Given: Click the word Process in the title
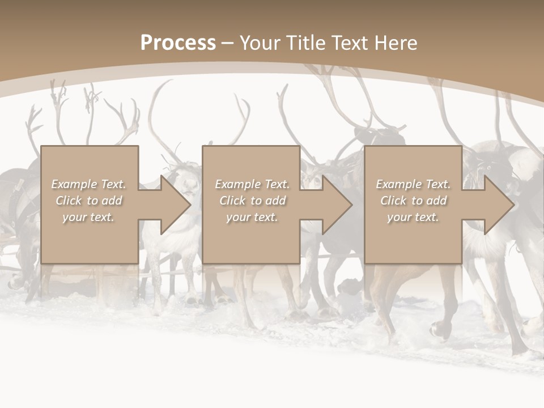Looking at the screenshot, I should (x=178, y=42).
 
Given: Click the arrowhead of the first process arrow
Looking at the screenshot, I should (x=176, y=205).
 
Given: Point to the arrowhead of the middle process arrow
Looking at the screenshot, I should (x=338, y=205).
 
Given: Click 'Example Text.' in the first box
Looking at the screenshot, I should (x=88, y=184).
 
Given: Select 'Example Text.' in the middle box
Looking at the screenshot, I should (x=252, y=184).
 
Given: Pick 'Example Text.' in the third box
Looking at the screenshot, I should (x=413, y=184).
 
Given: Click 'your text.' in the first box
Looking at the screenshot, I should (x=88, y=217).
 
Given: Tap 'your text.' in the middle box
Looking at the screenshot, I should (x=252, y=217).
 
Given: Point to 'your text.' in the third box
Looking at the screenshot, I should (x=413, y=217).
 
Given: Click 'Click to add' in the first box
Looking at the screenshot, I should (x=88, y=201).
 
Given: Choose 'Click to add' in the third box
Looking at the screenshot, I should (x=413, y=201).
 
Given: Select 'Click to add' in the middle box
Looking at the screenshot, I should (x=252, y=201).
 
